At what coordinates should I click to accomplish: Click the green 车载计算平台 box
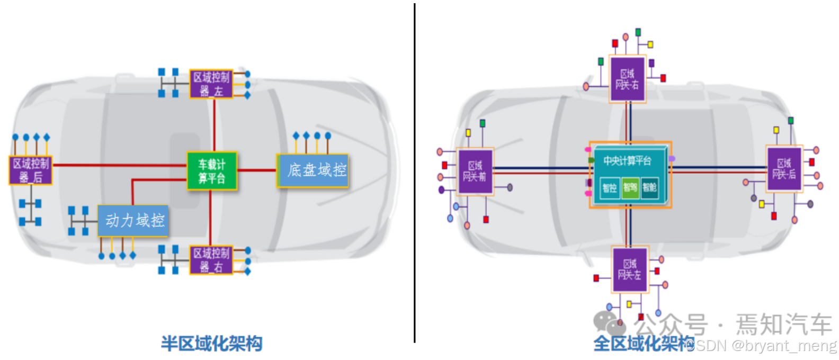click(x=212, y=171)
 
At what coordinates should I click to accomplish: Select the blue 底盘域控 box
click(x=313, y=170)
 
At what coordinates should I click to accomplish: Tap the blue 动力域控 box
click(x=133, y=220)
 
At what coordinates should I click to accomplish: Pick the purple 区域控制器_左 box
click(x=211, y=84)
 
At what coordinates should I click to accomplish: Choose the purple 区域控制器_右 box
click(x=211, y=260)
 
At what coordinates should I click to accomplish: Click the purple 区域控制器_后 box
click(x=31, y=170)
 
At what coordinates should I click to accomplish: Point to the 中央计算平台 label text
click(x=627, y=160)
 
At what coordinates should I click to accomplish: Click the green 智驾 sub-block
click(x=630, y=187)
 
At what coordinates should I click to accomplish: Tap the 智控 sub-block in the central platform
click(x=610, y=187)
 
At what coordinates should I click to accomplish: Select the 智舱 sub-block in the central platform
click(x=650, y=187)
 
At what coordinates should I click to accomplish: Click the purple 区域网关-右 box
click(x=628, y=79)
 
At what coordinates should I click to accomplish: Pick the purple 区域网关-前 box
click(x=475, y=172)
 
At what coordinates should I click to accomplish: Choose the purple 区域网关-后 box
click(x=784, y=169)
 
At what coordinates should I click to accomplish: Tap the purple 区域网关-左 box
click(x=630, y=269)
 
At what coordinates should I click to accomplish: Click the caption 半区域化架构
click(x=212, y=344)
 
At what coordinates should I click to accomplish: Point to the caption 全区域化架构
click(x=643, y=344)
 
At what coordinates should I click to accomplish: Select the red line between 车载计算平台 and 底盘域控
click(x=256, y=170)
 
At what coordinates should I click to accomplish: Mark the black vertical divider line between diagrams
click(x=414, y=175)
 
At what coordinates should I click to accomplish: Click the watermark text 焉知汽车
click(x=784, y=324)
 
